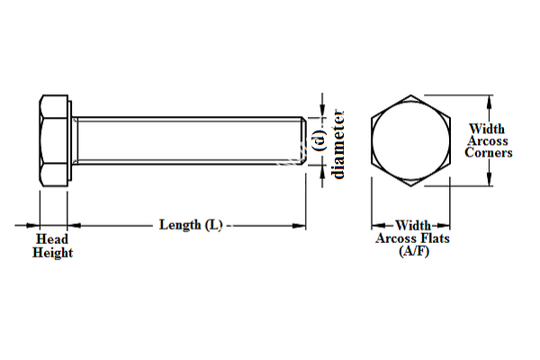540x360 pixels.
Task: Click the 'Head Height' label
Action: coord(53,246)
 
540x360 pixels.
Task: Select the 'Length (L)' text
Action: coord(190,224)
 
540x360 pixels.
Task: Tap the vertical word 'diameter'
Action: coord(339,143)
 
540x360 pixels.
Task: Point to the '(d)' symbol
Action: coord(317,139)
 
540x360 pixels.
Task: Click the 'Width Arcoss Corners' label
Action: coord(489,141)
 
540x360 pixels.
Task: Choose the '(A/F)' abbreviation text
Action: coord(413,252)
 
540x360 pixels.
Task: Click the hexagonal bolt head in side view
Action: coord(54,139)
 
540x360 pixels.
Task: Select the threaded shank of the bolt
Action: coord(189,139)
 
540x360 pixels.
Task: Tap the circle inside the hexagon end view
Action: coord(412,139)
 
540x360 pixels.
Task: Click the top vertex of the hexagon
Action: coord(412,93)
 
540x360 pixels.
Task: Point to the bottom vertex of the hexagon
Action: coord(412,186)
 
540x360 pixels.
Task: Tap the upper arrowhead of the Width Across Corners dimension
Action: coord(489,99)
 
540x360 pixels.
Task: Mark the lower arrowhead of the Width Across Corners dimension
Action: coord(489,180)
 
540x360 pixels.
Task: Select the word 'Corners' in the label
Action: coord(489,153)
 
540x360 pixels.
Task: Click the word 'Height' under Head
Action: coord(53,253)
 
